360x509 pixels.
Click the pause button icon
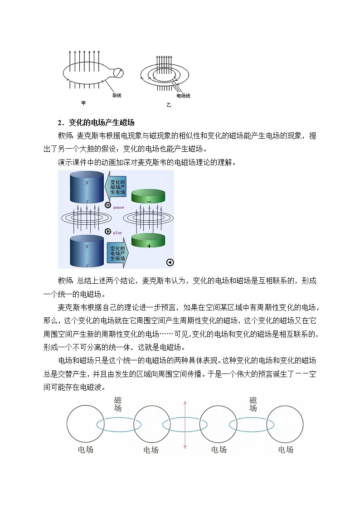[107, 205]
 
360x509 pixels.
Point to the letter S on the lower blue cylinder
[87, 265]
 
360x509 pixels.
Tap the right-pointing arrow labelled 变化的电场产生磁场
[117, 253]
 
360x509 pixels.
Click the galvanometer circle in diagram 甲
[118, 72]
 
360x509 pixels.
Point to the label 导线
[117, 95]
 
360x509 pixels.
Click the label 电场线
[183, 96]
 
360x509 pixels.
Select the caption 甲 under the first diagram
[83, 103]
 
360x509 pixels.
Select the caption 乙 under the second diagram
[168, 105]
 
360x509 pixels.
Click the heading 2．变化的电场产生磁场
[96, 122]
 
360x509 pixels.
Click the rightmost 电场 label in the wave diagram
[286, 450]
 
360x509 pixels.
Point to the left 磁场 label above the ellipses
[118, 403]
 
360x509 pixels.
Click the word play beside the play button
[117, 233]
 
